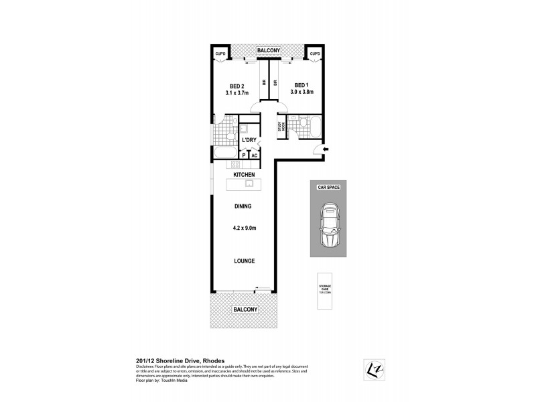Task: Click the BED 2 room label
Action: (236, 86)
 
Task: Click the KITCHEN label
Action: (245, 174)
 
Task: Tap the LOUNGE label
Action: (245, 261)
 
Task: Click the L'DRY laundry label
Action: (249, 140)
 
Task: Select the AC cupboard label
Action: (255, 155)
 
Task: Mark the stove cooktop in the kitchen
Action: (236, 164)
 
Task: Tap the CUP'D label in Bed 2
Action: (219, 53)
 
